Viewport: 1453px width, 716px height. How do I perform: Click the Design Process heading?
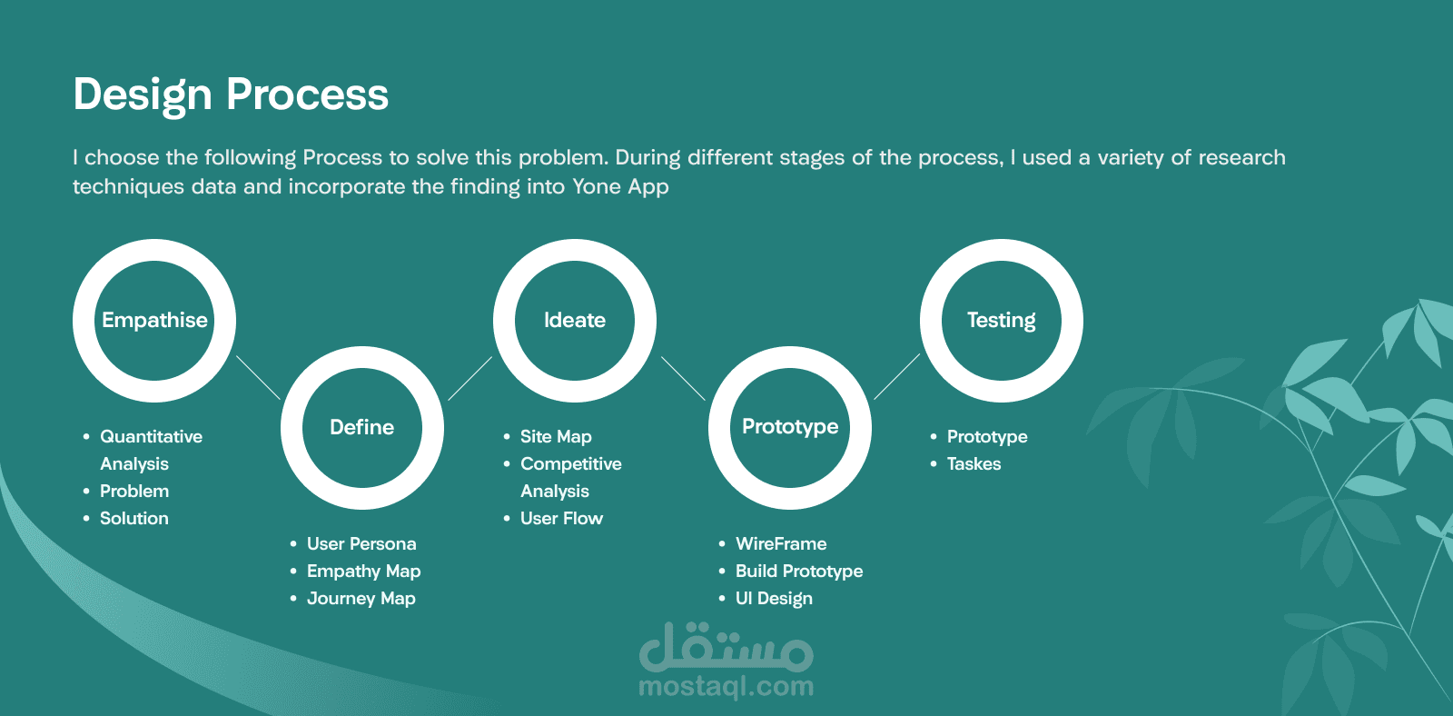[x=231, y=95]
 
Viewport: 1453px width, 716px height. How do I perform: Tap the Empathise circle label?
[x=154, y=320]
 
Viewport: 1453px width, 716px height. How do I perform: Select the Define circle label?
[x=362, y=427]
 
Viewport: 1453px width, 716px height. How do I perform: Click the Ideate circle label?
[x=575, y=320]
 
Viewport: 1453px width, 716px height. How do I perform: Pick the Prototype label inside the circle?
[x=790, y=427]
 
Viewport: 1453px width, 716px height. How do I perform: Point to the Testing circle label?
[x=1002, y=321]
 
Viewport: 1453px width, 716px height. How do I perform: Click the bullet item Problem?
[x=134, y=491]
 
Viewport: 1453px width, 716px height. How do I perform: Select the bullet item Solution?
[x=134, y=518]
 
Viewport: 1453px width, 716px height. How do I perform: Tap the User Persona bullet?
[x=361, y=543]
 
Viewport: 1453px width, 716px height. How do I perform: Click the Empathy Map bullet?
[x=364, y=572]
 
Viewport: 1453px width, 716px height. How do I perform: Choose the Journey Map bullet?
[x=361, y=599]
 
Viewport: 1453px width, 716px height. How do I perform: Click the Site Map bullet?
[x=556, y=436]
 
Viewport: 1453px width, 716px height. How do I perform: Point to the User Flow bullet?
[x=562, y=518]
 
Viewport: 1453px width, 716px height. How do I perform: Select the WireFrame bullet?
[x=781, y=543]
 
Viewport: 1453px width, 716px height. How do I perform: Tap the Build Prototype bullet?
[x=799, y=572]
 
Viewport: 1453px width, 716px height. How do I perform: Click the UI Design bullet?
[x=774, y=599]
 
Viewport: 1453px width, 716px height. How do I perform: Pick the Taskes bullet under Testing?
[x=974, y=463]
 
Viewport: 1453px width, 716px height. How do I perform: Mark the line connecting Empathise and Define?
[x=258, y=377]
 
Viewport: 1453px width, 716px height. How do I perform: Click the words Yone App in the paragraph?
[x=620, y=187]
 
